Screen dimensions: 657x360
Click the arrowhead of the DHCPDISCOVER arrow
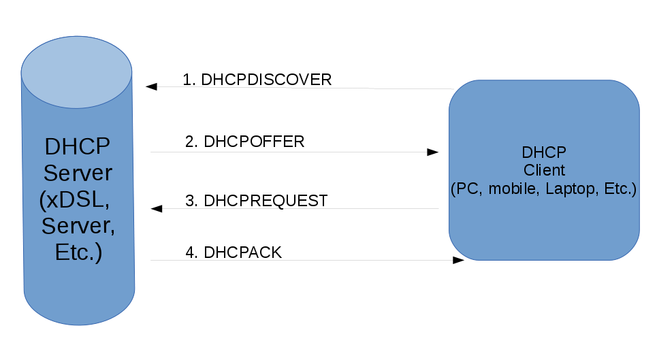151,86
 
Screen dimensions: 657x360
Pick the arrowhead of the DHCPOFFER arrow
433,152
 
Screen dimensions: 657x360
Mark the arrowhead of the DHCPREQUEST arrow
157,208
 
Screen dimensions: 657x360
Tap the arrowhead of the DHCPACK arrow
458,261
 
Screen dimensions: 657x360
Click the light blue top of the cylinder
77,72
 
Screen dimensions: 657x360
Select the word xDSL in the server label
75,199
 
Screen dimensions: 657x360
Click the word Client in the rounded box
544,170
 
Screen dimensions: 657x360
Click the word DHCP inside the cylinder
78,146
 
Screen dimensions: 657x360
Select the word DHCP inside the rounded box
544,152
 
